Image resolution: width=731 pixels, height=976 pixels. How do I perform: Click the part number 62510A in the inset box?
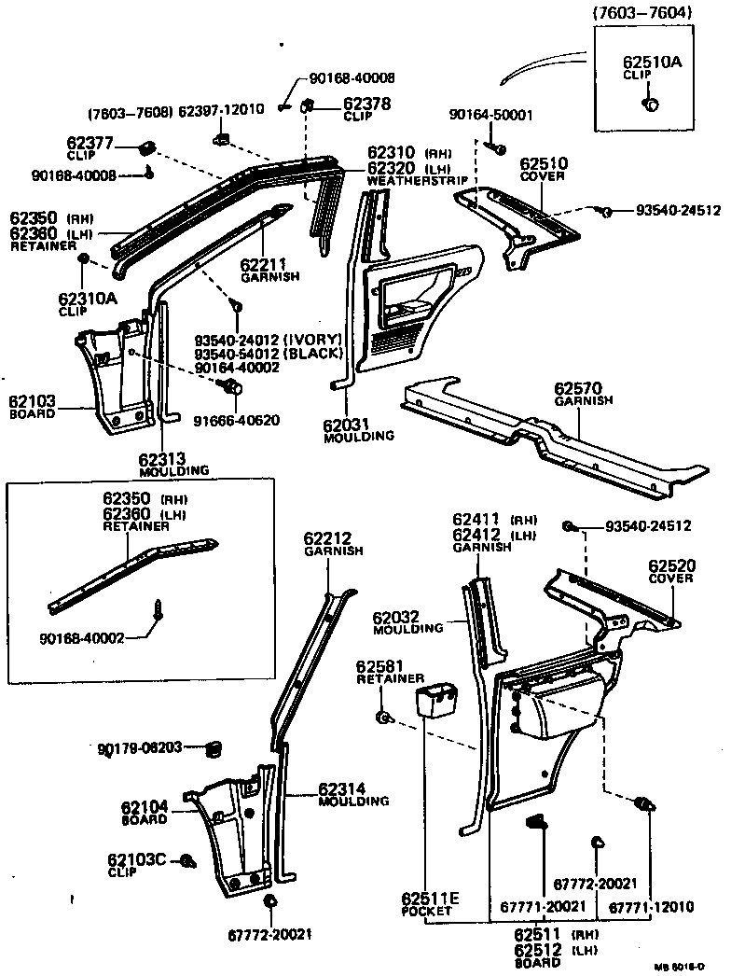click(x=653, y=63)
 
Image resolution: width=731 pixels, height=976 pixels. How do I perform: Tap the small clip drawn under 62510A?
click(x=651, y=104)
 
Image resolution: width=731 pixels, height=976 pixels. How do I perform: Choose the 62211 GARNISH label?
click(x=270, y=269)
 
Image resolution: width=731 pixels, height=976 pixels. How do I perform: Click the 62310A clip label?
click(x=89, y=303)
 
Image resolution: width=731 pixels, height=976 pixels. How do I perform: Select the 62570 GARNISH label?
click(x=586, y=391)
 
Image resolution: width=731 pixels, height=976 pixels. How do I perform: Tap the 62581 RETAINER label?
click(x=391, y=673)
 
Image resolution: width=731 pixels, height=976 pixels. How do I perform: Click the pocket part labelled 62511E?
click(x=436, y=699)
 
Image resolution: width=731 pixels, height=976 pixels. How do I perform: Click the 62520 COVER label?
click(x=671, y=571)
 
